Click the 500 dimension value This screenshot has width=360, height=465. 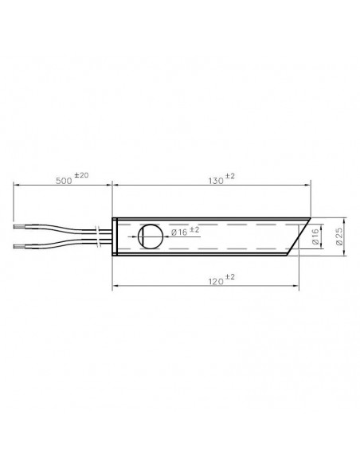(64, 181)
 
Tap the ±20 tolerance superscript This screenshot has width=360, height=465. (81, 175)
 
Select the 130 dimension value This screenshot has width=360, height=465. (216, 181)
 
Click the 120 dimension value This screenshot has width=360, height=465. (216, 281)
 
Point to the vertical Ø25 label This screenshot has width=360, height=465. (339, 236)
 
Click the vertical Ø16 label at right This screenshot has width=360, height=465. (315, 236)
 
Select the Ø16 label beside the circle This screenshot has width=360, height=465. (179, 232)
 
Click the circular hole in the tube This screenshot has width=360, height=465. (151, 236)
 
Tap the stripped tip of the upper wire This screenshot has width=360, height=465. (19, 227)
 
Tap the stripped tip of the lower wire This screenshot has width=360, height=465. (19, 246)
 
